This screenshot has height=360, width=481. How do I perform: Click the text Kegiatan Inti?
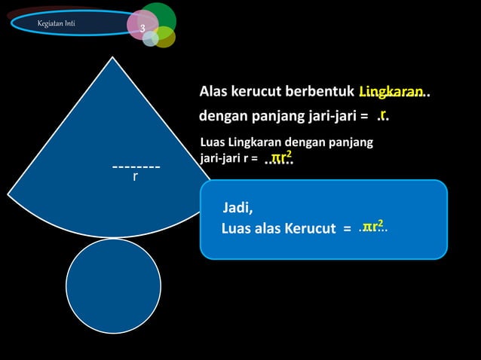point(56,24)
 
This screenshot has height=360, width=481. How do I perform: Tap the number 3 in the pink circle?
point(141,28)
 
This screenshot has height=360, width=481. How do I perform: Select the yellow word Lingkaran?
point(391,92)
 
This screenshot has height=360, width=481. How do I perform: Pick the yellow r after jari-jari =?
point(383,114)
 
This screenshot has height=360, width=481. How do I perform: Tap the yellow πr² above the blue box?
point(281,157)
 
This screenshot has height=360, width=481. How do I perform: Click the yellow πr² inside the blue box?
point(372,225)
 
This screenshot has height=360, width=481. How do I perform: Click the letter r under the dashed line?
point(136,177)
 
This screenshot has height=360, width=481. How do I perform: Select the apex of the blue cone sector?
point(114,58)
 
